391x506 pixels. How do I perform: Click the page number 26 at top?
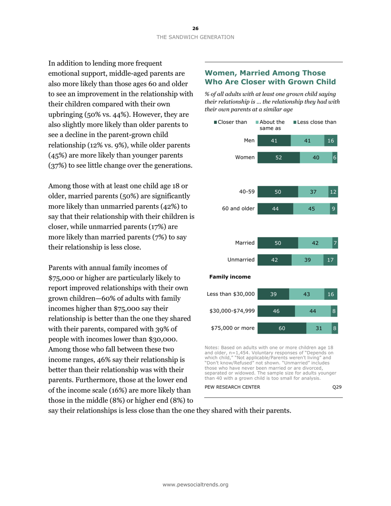[195, 28]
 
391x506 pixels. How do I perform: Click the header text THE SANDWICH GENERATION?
[195, 37]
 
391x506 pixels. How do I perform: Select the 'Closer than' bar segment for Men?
[274, 141]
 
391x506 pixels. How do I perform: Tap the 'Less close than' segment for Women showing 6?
[335, 158]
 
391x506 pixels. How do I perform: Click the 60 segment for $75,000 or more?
[282, 328]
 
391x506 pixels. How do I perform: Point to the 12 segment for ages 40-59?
[333, 192]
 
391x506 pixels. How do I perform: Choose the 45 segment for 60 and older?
[312, 209]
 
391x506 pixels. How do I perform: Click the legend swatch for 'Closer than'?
[215, 122]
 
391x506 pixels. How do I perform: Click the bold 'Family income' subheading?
[227, 277]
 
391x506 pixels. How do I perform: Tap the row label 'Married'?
[245, 243]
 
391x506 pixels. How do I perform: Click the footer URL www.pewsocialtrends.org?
[195, 485]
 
